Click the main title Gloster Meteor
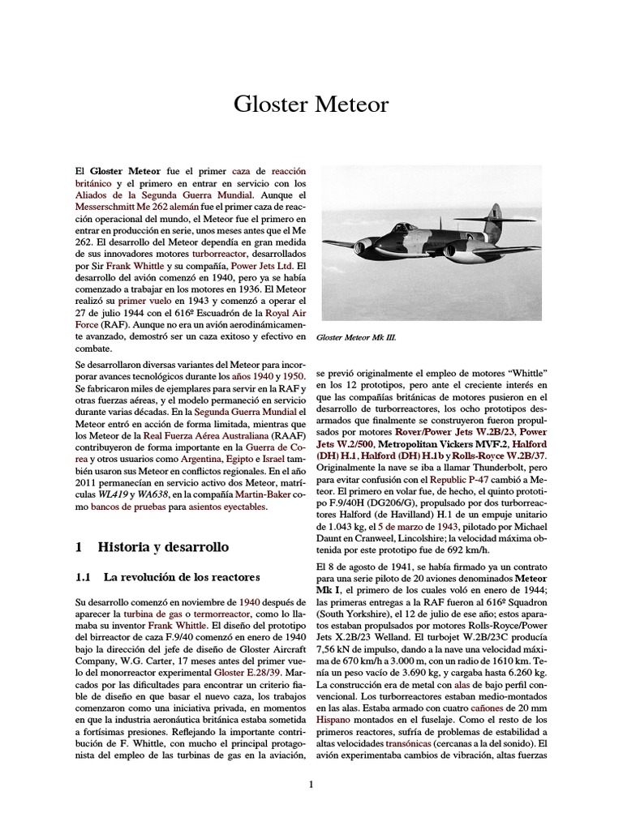pos(311,105)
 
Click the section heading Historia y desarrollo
pos(152,546)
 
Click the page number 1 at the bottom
pos(311,783)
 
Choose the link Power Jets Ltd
pos(260,265)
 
